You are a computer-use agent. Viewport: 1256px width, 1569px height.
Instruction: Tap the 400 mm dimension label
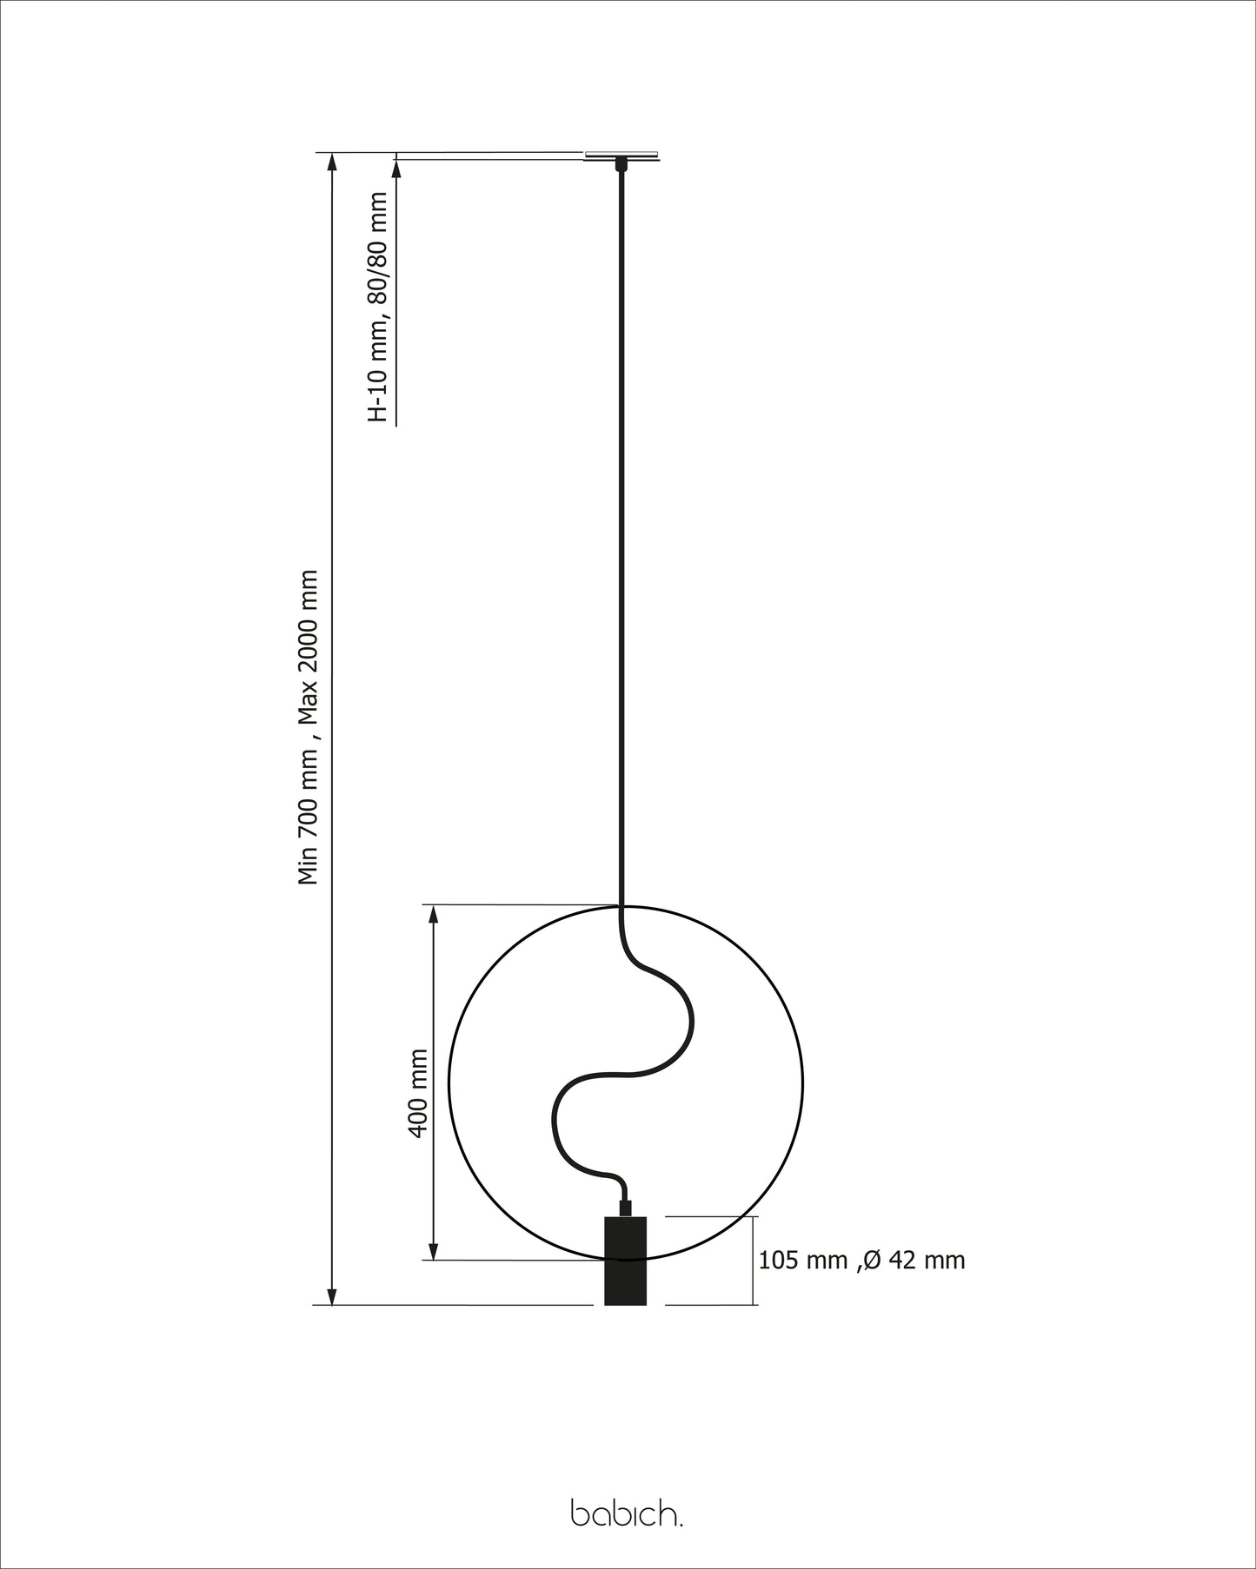(x=418, y=1093)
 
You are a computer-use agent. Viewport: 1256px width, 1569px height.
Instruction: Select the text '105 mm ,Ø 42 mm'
(x=861, y=1260)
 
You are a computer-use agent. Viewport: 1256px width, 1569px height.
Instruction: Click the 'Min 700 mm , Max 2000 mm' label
(x=309, y=727)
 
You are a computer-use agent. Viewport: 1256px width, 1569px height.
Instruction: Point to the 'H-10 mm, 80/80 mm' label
(x=378, y=307)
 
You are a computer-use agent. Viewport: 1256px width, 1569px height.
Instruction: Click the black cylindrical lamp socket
(x=626, y=1260)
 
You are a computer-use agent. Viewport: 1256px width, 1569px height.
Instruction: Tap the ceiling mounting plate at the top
(x=621, y=156)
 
